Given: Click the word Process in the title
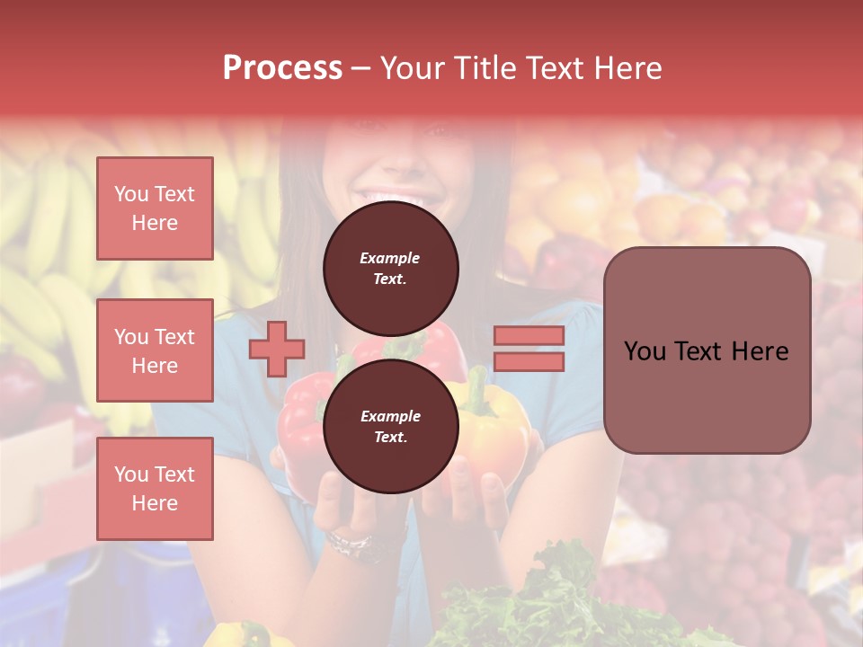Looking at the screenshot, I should click(x=282, y=68).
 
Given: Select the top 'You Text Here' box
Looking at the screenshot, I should click(x=155, y=208).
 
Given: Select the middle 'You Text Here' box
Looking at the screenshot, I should click(x=155, y=350).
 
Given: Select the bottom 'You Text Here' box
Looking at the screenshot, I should click(x=155, y=488).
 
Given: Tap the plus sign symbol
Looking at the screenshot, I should click(x=277, y=348).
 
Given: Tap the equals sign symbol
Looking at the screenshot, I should click(x=529, y=349).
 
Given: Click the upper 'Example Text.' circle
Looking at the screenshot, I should click(x=390, y=268).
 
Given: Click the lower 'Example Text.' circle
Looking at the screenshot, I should click(x=390, y=426).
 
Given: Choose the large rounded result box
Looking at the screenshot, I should click(x=707, y=350).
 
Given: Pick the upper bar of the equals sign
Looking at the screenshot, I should click(x=529, y=336).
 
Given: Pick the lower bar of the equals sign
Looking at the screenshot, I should click(x=529, y=361).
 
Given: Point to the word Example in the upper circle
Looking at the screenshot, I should click(x=390, y=258).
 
